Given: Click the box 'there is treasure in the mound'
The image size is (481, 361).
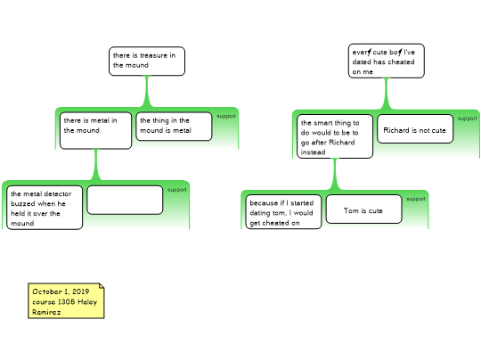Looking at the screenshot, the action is (x=147, y=62).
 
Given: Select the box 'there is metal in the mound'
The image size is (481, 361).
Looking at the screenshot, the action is (x=95, y=130).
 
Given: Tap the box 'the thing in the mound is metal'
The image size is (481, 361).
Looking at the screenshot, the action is (x=174, y=127).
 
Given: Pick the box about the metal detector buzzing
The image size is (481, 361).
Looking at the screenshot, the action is (x=45, y=207).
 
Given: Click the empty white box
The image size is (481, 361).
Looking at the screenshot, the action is (x=125, y=200).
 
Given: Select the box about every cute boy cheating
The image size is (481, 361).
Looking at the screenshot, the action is (x=387, y=61).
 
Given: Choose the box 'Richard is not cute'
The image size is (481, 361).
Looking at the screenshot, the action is (x=415, y=129).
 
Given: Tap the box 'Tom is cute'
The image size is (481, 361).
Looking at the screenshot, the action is (x=363, y=209).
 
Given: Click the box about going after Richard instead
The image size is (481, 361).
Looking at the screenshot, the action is (x=335, y=136).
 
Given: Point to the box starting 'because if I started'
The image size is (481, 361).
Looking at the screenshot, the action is (x=283, y=212).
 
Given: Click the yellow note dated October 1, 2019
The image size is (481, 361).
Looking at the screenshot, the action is (x=66, y=301).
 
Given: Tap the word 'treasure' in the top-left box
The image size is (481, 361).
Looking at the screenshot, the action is (x=153, y=55).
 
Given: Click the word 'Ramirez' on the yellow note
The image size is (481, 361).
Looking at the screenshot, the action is (x=46, y=312).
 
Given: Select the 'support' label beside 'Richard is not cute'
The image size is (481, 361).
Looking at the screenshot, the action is (x=468, y=119).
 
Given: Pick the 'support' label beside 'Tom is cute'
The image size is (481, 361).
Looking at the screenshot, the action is (x=416, y=199).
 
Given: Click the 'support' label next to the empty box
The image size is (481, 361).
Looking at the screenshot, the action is (x=177, y=190).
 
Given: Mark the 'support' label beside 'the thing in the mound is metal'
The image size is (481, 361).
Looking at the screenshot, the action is (x=226, y=116).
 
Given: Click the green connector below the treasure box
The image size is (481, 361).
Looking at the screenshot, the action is (x=147, y=92).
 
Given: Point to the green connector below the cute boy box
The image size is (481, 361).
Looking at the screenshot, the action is (x=387, y=94).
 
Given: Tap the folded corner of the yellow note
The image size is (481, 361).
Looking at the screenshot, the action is (x=102, y=286).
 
